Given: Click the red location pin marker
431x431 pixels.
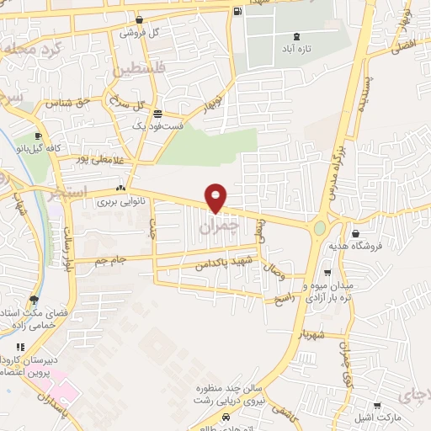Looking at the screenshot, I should click(x=216, y=199).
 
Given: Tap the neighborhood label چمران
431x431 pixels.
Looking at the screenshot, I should click(x=221, y=227).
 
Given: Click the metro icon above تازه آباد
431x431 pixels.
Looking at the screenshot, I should click(x=295, y=36).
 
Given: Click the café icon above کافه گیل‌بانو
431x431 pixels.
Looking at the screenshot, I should click(x=38, y=136).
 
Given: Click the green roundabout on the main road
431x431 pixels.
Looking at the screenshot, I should click(x=320, y=226).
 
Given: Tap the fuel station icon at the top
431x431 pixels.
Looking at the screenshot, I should click(x=238, y=11).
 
